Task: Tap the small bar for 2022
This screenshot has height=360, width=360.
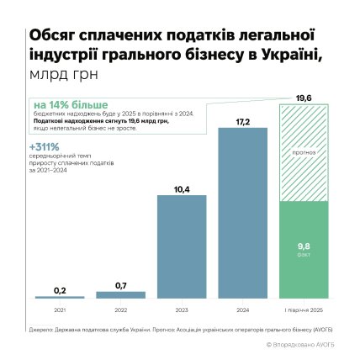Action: pos(120,294)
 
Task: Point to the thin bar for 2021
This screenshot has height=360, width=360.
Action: pos(60,297)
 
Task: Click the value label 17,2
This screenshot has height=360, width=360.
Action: pos(243,123)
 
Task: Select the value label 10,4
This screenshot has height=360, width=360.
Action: pos(181,188)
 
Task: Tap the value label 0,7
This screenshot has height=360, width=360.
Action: pos(120,286)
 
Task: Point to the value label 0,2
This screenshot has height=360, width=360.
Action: pos(60,290)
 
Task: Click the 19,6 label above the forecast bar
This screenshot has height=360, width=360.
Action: pos(304,98)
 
